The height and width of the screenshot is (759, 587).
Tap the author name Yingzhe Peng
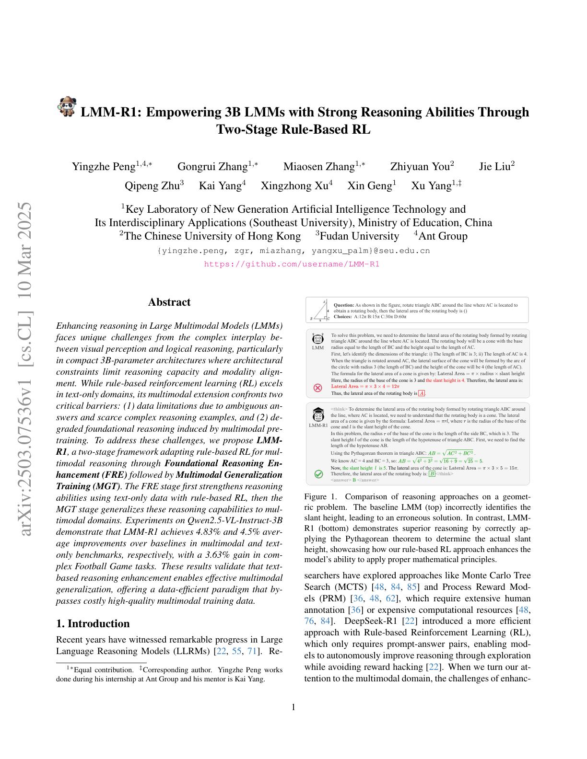coord(104,167)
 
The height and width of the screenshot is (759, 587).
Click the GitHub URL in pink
coord(292,264)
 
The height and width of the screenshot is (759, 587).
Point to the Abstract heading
coord(169,302)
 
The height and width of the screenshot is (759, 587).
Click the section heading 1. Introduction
coord(93,623)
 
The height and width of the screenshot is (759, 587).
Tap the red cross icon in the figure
coord(317,388)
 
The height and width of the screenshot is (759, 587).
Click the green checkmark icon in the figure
coord(318,474)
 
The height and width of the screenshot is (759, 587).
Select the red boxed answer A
coord(422,393)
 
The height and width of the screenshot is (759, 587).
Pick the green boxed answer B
coord(432,474)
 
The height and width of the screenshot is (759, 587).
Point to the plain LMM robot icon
coord(317,339)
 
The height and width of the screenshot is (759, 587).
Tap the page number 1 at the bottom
coord(293,707)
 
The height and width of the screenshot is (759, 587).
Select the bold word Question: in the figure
coord(343,305)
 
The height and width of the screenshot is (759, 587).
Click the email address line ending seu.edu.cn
coord(293,251)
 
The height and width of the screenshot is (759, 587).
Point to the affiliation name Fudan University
coord(359,236)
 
